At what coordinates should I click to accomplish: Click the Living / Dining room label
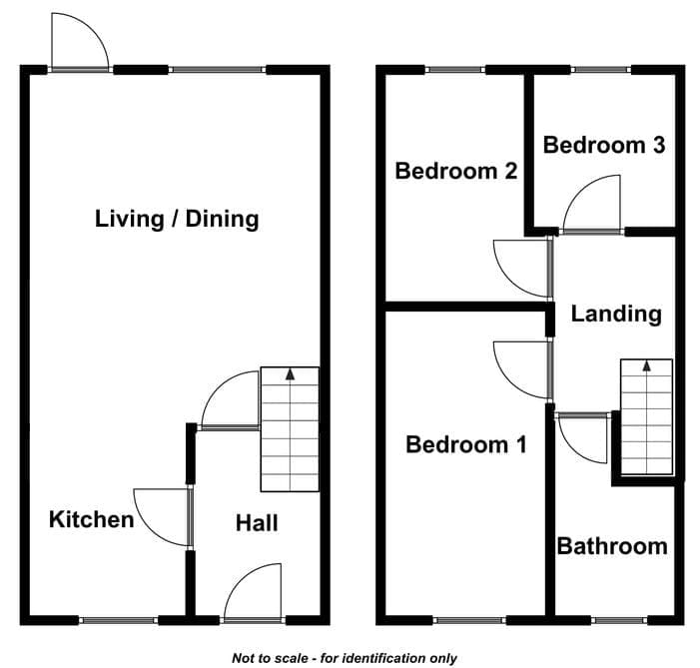click(x=177, y=220)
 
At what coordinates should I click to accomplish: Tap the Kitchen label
click(x=92, y=520)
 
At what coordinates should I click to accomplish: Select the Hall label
click(x=257, y=523)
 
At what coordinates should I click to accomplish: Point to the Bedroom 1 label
click(x=466, y=444)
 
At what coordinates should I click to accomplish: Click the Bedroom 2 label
click(x=455, y=171)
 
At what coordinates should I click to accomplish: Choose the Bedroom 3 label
click(x=604, y=145)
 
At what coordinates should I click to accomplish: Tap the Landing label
click(x=616, y=314)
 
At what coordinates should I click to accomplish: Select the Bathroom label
click(x=612, y=546)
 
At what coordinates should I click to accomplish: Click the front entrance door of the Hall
click(x=253, y=592)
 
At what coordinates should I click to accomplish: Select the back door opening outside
click(x=80, y=42)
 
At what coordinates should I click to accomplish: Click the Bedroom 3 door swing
click(x=592, y=204)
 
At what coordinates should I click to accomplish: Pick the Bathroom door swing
click(x=582, y=438)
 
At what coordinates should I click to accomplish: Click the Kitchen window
click(x=118, y=620)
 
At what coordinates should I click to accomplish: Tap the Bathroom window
click(x=619, y=620)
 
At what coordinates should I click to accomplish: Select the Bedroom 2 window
click(x=455, y=70)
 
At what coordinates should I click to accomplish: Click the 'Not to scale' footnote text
click(x=345, y=658)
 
